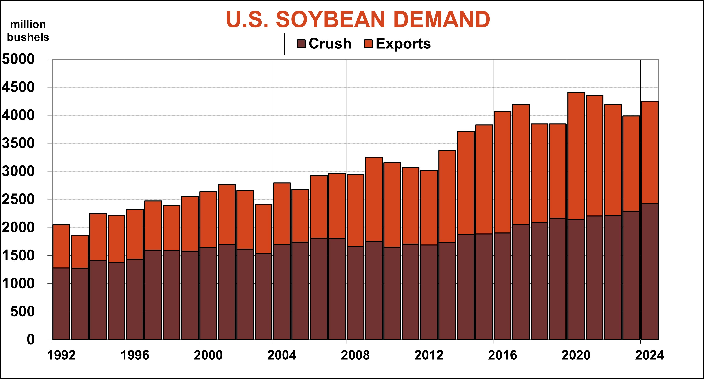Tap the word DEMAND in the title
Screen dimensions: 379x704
click(441, 20)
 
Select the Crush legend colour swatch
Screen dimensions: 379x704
click(301, 44)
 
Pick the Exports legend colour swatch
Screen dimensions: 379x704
click(368, 44)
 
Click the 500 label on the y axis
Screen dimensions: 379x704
click(23, 312)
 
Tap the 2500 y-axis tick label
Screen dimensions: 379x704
click(18, 199)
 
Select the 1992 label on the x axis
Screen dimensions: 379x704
click(61, 355)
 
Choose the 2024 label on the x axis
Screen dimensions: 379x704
click(649, 355)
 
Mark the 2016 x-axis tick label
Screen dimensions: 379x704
click(502, 355)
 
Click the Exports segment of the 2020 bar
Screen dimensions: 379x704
click(576, 156)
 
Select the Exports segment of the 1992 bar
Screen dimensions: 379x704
click(61, 246)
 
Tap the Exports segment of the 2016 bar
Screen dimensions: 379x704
click(502, 172)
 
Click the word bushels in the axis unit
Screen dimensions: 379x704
click(28, 37)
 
